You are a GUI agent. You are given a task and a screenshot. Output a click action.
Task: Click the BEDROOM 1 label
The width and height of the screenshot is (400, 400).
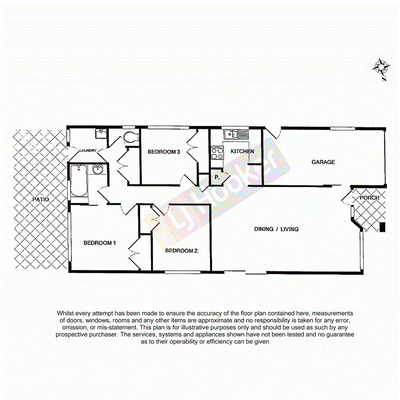100,243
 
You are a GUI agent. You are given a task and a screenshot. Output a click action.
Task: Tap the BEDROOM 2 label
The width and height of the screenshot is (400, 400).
181,251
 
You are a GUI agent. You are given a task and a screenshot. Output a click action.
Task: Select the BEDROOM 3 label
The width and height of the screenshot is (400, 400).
164,152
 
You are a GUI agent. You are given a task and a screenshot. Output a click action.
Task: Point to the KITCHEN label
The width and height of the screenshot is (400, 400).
242,152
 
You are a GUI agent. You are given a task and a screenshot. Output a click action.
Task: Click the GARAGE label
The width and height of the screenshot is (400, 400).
323,162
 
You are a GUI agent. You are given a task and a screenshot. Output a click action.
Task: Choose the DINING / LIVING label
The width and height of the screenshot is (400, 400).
276,229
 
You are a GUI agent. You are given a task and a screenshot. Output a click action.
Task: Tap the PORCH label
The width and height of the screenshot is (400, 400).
370,198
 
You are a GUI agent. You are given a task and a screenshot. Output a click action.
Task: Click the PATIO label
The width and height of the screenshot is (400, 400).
41,200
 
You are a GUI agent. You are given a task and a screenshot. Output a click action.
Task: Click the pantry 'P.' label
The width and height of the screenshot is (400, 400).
217,177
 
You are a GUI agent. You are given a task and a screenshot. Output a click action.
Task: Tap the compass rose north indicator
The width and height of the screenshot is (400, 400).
381,67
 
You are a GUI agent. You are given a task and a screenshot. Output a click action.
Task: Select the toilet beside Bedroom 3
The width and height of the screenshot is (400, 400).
129,137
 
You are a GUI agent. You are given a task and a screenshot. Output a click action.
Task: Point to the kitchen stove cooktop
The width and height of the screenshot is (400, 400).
217,153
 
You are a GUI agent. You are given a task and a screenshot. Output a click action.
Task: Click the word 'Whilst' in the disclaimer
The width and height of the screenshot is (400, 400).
66,314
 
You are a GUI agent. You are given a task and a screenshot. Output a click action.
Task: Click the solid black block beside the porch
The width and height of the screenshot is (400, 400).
383,228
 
